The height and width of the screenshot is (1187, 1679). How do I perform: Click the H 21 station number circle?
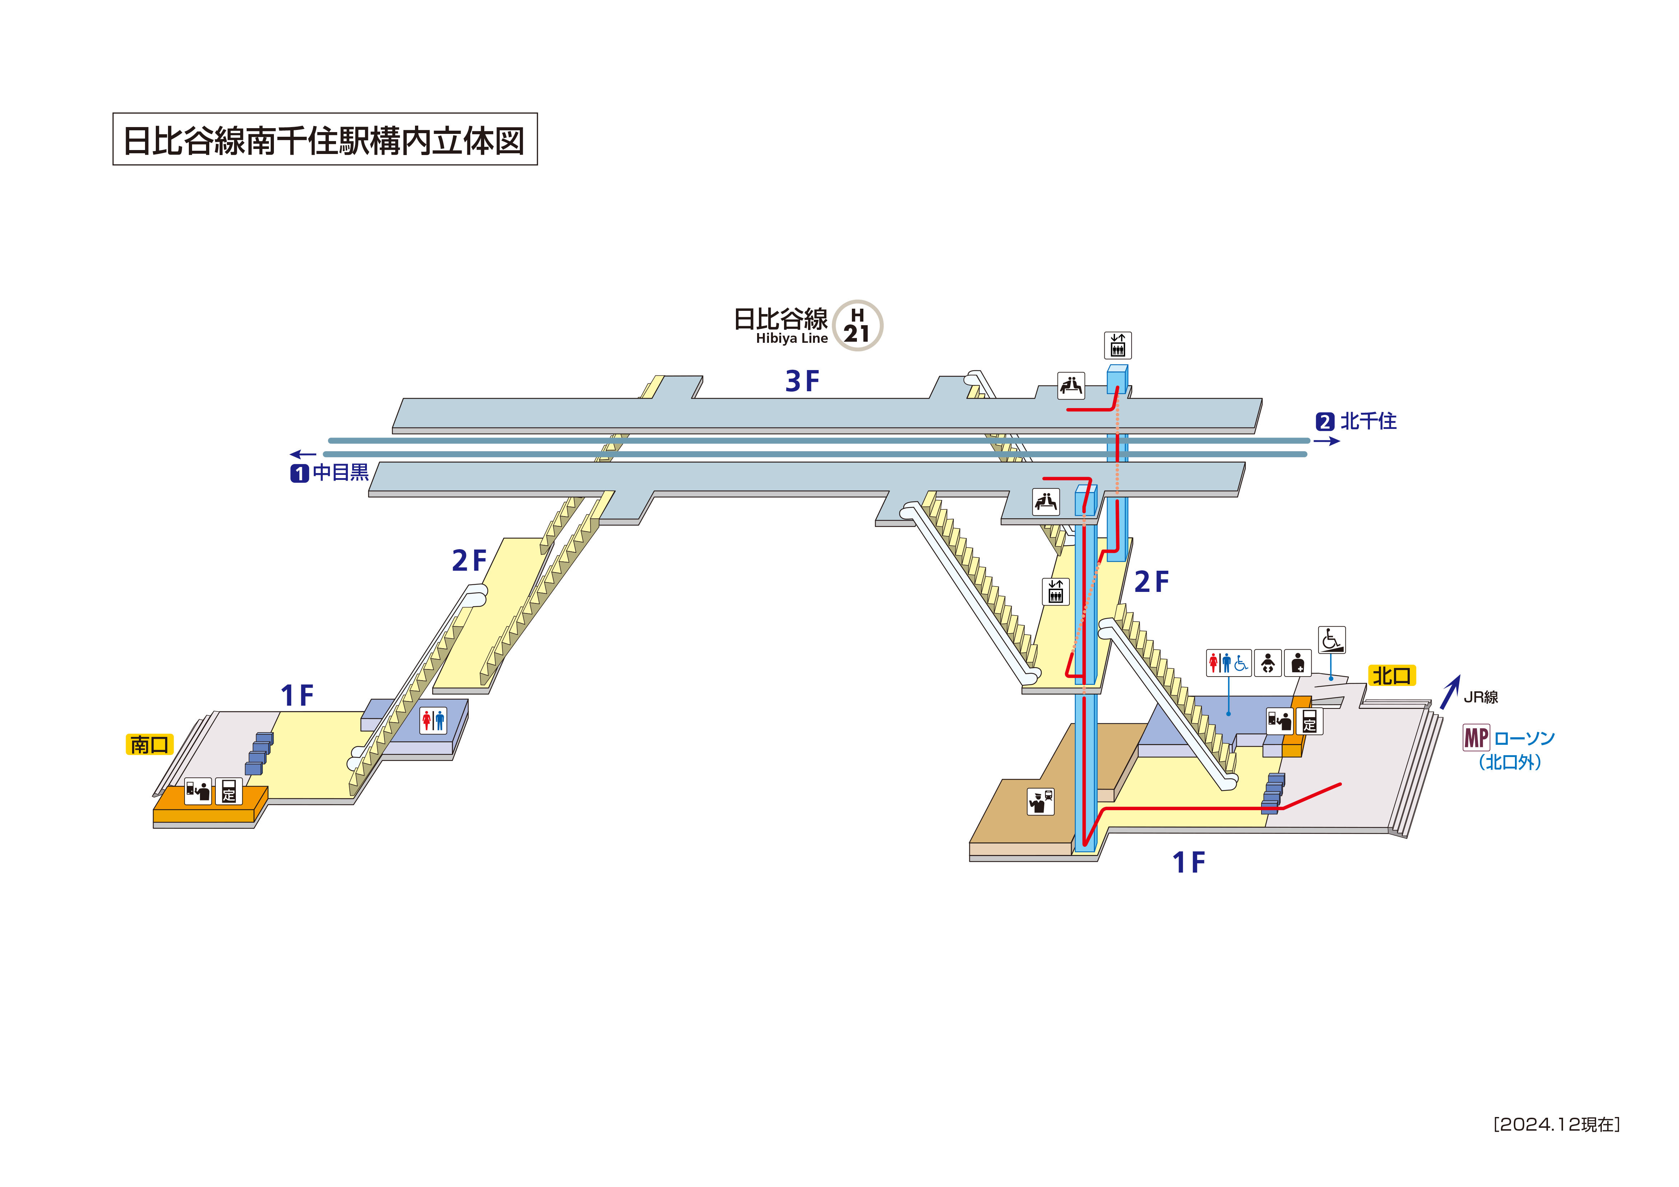point(858,326)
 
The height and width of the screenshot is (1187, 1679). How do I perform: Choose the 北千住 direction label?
point(1367,421)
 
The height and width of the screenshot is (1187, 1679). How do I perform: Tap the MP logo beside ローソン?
point(1476,738)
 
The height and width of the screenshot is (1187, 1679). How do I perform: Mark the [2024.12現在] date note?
point(1556,1124)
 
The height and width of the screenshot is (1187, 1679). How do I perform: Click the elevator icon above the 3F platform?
point(1118,345)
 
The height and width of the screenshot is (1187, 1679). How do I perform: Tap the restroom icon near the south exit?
point(433,720)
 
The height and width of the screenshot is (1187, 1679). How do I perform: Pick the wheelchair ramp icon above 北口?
point(1331,640)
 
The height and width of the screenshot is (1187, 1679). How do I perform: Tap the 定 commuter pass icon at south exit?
point(229,791)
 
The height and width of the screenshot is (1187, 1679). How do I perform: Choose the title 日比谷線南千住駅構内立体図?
point(325,140)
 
